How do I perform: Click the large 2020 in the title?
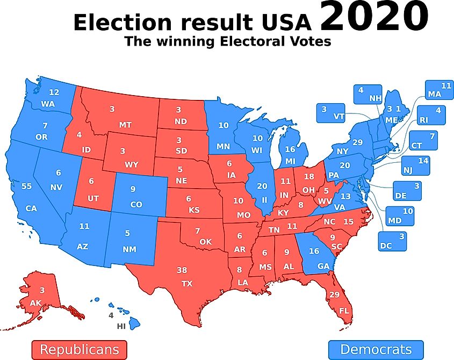[x=374, y=17]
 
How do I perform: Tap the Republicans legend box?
[x=79, y=350]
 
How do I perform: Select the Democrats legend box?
[x=376, y=350]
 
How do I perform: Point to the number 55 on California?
[x=26, y=186]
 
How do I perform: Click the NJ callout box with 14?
[x=416, y=165]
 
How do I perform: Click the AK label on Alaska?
[x=35, y=304]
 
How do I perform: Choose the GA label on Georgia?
[x=323, y=265]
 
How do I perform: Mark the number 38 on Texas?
[x=182, y=270]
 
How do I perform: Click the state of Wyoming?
[x=130, y=156]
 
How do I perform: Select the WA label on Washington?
[x=48, y=104]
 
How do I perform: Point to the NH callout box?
[x=367, y=94]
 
